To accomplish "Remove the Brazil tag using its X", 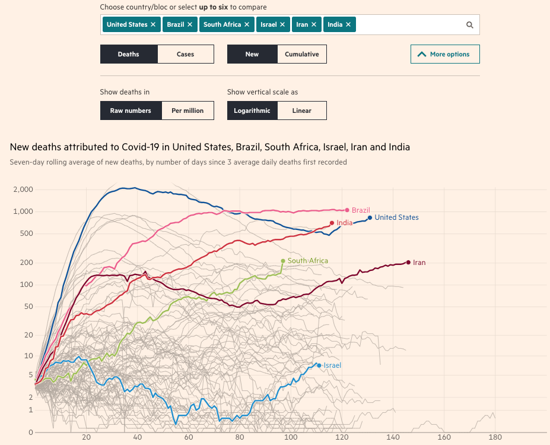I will click(x=190, y=24).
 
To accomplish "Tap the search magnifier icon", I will click(x=469, y=25).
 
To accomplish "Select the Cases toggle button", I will click(x=185, y=54).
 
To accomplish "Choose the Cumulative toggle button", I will click(x=301, y=54).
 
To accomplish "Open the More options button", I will click(x=445, y=54).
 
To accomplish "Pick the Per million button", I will click(x=187, y=111).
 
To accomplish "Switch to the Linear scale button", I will click(x=301, y=111).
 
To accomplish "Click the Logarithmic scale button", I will click(x=252, y=111).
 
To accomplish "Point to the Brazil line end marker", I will click(x=347, y=210).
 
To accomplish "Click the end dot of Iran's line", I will click(x=408, y=262).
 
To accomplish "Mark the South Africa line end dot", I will click(x=283, y=261).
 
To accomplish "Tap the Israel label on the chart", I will click(x=332, y=365).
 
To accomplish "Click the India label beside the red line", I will click(x=344, y=223).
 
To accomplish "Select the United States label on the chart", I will click(x=396, y=217).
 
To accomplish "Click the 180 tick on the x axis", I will click(x=495, y=437).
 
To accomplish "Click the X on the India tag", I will click(x=348, y=24).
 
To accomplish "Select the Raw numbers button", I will click(x=131, y=111).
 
